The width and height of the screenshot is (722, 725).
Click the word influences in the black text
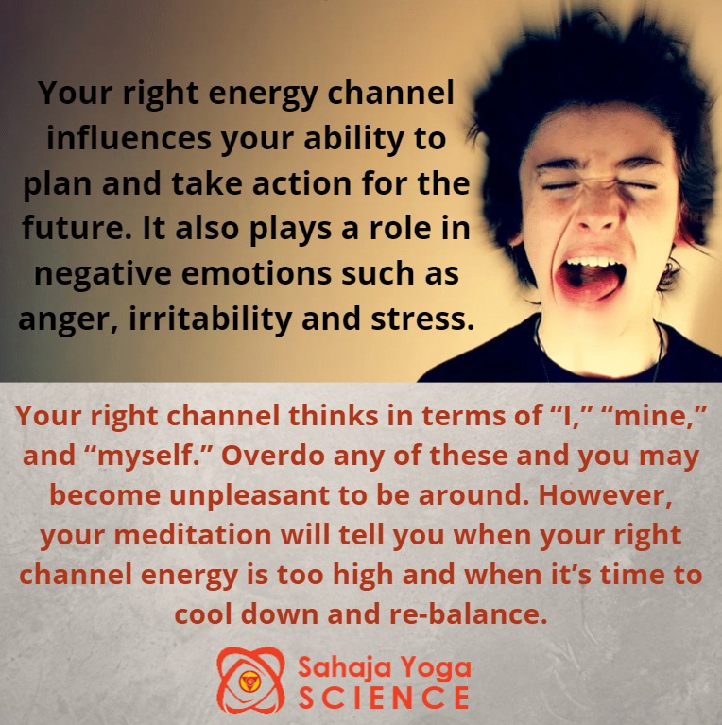[129, 138]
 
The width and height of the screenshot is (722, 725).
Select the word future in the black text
[77, 228]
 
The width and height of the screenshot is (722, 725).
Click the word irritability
[211, 319]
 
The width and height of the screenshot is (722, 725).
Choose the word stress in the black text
[422, 319]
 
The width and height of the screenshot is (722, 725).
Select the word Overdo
[273, 456]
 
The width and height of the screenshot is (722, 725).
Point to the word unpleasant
[249, 496]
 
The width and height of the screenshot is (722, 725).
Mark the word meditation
[192, 535]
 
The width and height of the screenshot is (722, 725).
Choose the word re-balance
[468, 614]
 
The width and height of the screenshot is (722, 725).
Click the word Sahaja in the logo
[345, 668]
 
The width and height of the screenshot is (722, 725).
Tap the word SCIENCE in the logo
[384, 698]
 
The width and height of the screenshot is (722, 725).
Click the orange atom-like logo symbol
[250, 680]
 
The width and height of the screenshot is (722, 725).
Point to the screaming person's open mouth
[590, 275]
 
